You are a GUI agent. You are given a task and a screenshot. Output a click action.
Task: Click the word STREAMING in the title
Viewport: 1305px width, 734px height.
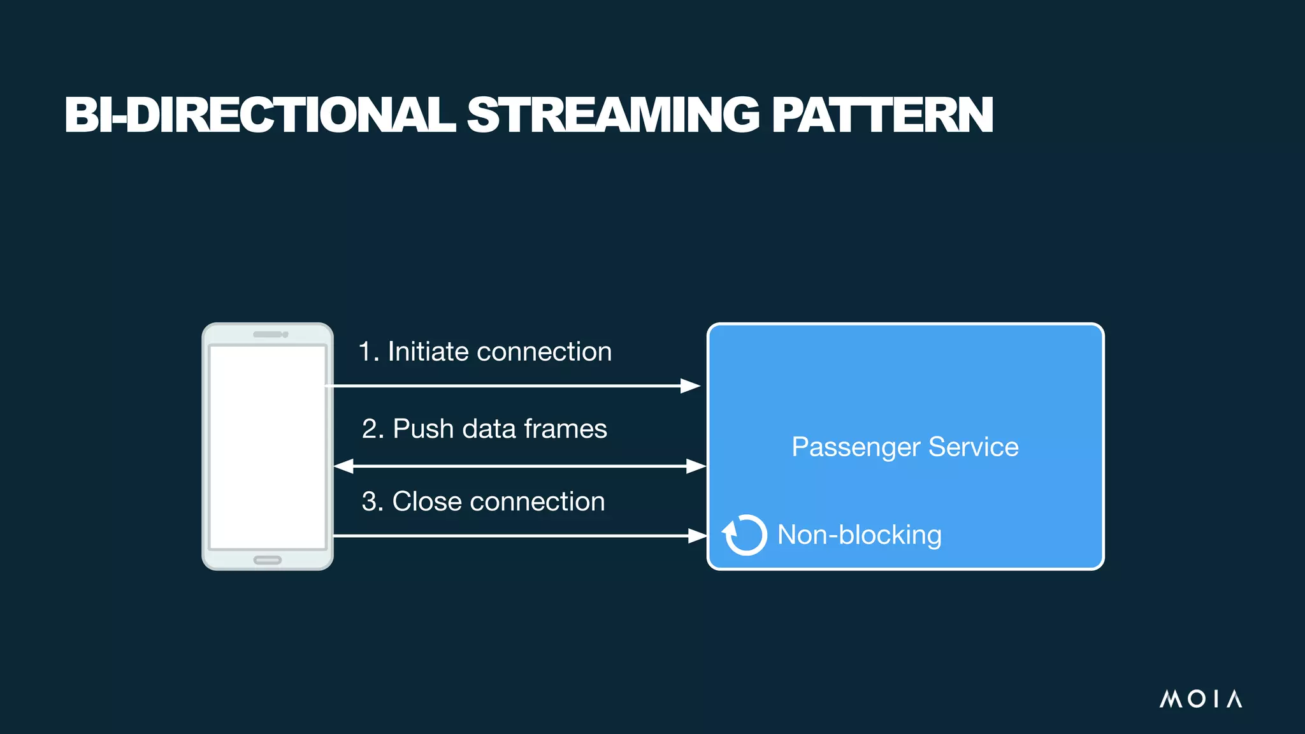point(613,115)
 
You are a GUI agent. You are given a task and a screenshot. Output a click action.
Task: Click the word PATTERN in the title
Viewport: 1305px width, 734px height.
point(882,115)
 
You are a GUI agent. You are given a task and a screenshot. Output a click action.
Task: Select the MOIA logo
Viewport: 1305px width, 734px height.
point(1200,699)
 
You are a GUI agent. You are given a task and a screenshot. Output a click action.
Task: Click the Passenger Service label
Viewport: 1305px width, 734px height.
point(905,447)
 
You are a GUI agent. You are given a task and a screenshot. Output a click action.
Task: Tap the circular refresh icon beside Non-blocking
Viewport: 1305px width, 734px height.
point(744,535)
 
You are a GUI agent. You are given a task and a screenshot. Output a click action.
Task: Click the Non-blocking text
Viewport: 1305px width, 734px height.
point(859,535)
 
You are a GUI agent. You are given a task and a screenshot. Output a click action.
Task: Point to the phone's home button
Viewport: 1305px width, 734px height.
point(268,560)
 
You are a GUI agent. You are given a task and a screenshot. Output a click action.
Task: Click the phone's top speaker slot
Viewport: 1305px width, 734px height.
point(268,335)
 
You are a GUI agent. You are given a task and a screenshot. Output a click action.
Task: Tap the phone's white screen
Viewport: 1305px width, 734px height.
point(268,446)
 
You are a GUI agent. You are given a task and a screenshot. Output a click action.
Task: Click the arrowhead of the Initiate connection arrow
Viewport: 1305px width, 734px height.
point(691,385)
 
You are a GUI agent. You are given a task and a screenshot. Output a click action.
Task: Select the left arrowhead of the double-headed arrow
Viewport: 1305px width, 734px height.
point(343,466)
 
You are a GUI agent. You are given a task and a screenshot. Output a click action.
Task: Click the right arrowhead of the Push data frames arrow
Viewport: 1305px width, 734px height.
point(696,466)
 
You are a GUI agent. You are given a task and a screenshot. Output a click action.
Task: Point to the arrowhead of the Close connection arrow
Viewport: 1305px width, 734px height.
point(698,536)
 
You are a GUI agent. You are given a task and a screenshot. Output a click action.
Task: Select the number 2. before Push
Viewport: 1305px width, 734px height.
point(373,429)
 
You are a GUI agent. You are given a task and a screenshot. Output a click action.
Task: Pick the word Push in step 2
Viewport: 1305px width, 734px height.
point(423,429)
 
